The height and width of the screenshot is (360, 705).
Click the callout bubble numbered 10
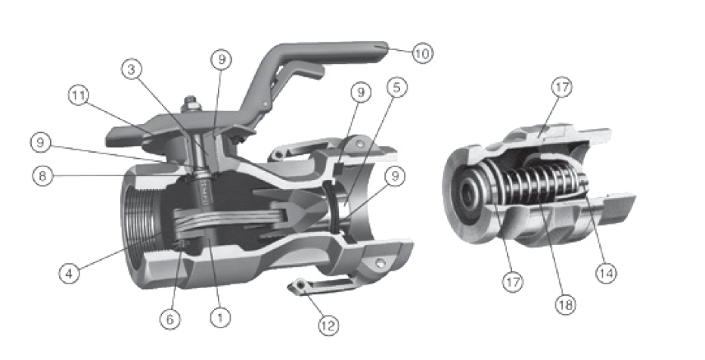422,54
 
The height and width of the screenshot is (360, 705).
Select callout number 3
132,70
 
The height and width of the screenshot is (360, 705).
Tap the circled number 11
79,96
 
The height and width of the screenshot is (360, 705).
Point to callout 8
42,175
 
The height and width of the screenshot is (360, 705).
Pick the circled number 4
70,273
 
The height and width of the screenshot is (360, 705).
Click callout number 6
170,319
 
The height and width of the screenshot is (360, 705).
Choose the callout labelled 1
220,318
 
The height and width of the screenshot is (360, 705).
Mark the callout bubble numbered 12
328,325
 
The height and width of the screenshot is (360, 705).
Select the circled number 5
396,87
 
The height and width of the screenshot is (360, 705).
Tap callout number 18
565,306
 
